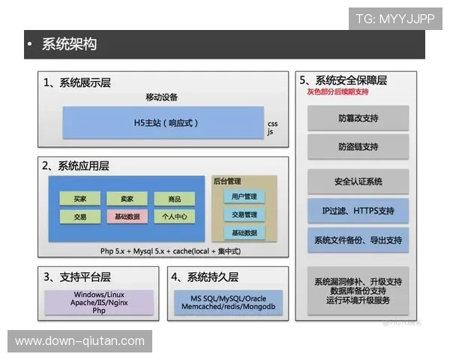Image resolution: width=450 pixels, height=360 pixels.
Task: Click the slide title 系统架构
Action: coord(69,44)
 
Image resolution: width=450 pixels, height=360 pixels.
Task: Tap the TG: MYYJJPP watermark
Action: coord(395,19)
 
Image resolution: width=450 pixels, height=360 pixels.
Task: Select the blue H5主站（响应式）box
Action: coord(163,122)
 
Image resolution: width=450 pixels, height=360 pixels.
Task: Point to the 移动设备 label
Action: coord(162,97)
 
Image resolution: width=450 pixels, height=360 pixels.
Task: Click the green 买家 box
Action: coord(79,199)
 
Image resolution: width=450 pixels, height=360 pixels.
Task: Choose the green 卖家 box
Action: coord(126,199)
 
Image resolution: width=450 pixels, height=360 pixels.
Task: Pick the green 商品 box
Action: coord(174,199)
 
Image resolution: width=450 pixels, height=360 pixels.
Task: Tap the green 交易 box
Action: coord(79,216)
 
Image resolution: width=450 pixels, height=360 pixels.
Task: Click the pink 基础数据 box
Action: coord(126,216)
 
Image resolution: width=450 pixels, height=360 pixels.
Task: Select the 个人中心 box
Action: coord(174,216)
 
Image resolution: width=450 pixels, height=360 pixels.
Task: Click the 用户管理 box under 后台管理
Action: coord(244,196)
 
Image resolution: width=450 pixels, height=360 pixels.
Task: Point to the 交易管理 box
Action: coord(244,214)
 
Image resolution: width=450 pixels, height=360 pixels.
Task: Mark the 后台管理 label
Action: coord(227,181)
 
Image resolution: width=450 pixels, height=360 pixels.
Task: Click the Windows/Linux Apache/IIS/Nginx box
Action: coord(99,301)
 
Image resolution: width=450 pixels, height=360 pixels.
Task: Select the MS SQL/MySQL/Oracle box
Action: coord(228,301)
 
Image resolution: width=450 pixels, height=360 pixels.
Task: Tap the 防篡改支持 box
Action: coord(358,118)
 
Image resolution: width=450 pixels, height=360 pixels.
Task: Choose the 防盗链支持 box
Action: coord(358,147)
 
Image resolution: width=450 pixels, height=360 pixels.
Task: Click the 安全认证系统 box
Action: coord(358,181)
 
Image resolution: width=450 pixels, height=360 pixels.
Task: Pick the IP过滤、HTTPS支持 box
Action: coord(358,211)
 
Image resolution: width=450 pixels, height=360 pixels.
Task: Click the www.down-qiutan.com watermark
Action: coord(80,341)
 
